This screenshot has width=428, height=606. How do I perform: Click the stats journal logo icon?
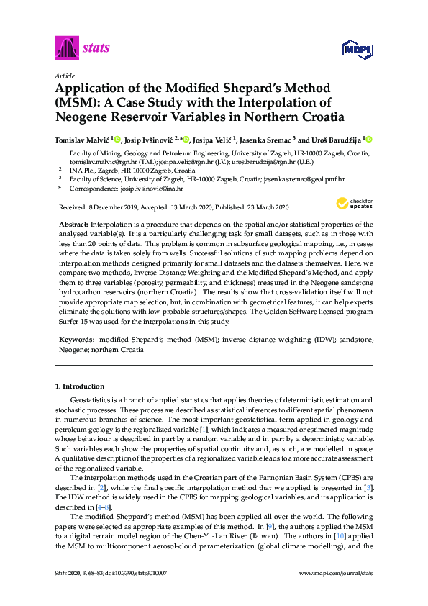(x=66, y=49)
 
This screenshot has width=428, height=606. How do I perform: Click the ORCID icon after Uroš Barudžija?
(x=370, y=140)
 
